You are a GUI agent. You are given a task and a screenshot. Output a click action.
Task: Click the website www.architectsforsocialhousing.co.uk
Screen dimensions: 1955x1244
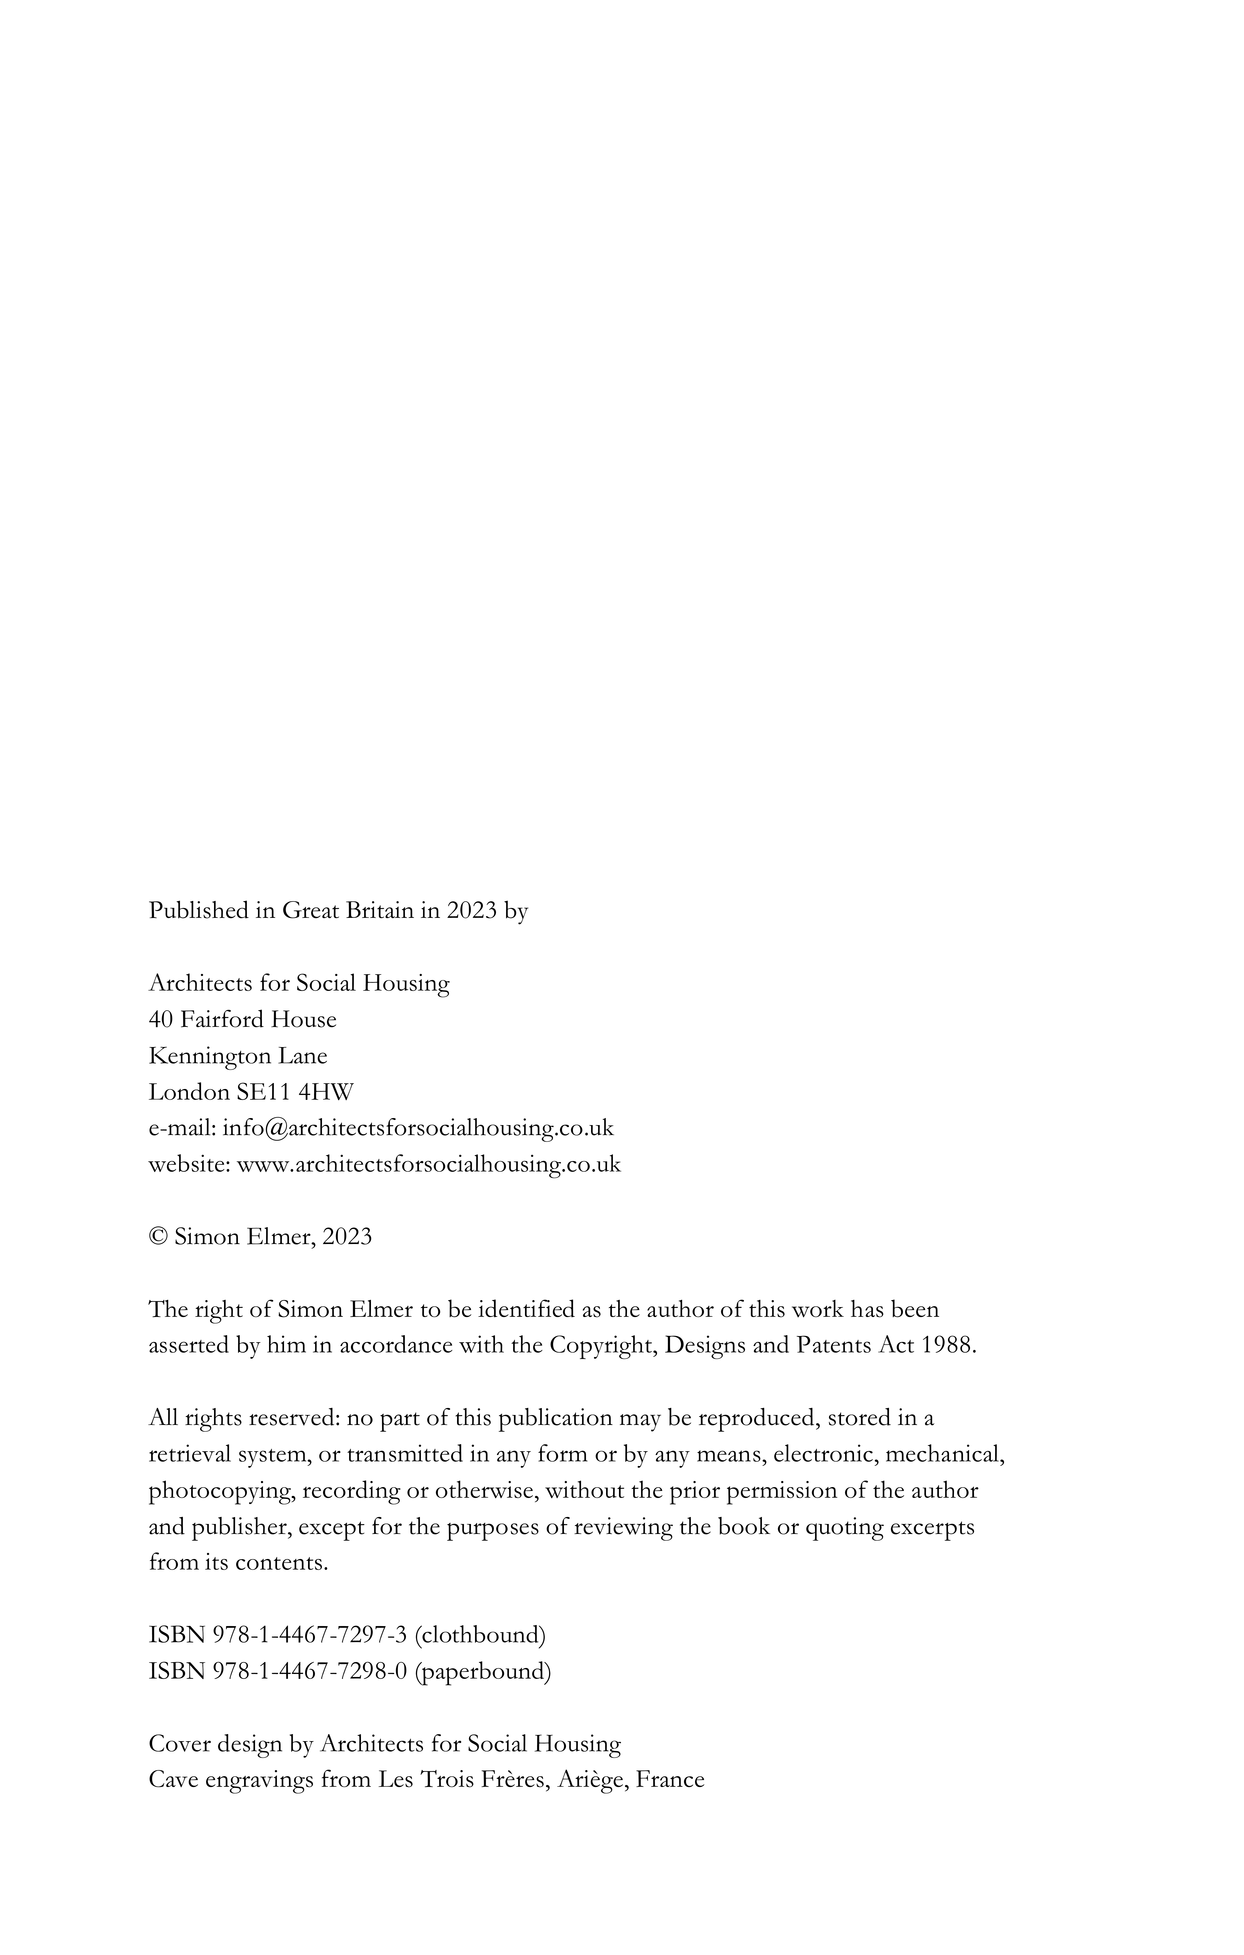pyautogui.click(x=428, y=1164)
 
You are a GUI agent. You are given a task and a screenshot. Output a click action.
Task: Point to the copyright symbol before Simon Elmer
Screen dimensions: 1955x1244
pyautogui.click(x=157, y=1236)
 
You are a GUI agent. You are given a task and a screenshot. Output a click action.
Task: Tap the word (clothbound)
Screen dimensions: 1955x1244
pyautogui.click(x=480, y=1634)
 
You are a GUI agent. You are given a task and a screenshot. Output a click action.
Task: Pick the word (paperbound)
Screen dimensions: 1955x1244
pyautogui.click(x=483, y=1671)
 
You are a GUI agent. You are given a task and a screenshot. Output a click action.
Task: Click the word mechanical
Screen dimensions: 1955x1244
pyautogui.click(x=944, y=1454)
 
